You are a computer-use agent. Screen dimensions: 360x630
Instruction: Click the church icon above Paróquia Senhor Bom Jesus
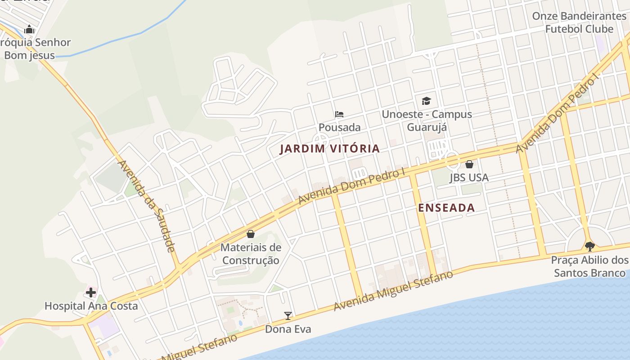30,30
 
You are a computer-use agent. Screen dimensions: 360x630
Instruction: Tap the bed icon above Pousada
339,114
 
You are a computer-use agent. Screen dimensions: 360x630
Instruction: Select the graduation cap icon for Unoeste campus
426,101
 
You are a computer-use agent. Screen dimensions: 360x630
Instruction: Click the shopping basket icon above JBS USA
469,164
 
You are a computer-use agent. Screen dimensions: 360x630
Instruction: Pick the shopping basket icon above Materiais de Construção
251,234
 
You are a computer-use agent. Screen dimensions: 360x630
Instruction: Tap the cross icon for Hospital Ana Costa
90,293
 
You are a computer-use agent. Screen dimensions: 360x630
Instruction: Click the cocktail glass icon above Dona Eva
288,316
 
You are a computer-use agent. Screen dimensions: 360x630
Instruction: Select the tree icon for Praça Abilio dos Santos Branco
589,247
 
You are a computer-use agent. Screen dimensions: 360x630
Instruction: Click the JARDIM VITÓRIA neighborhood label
329,148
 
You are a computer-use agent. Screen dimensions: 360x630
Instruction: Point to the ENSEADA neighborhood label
446,207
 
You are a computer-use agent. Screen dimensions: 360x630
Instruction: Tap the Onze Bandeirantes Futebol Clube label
579,22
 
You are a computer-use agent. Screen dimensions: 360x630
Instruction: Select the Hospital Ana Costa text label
91,306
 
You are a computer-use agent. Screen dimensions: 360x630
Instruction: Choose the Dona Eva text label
288,329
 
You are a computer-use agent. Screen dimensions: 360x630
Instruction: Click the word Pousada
339,127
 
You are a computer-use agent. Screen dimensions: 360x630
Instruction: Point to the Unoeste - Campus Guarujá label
427,120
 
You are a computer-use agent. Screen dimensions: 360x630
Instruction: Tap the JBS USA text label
469,177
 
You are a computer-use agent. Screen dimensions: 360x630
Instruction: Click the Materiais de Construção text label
251,254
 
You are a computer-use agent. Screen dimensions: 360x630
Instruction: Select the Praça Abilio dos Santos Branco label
589,266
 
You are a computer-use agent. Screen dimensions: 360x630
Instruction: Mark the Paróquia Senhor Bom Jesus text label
34,49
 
